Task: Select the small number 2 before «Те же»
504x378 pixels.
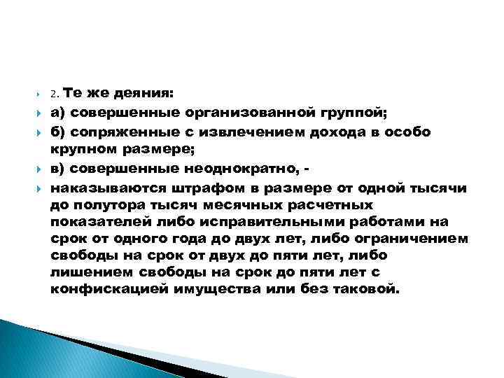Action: [54, 94]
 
